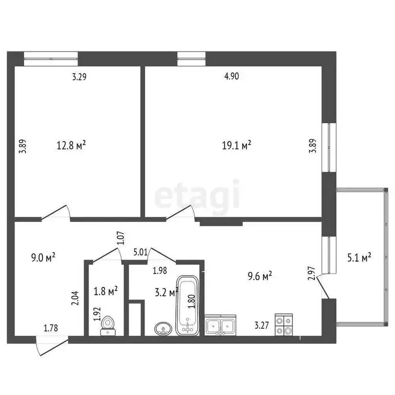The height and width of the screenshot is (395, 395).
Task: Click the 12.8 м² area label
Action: coord(71,146)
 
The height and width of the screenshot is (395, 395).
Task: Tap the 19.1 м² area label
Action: coord(236,146)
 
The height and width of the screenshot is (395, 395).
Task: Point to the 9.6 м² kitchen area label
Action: coord(259,277)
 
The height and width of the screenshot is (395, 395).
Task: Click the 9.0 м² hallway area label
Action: coord(44,256)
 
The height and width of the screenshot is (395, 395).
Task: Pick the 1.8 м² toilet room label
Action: coord(105,291)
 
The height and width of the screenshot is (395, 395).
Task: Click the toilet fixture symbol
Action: coord(107,325)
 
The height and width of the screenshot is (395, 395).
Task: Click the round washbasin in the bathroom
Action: coord(164,328)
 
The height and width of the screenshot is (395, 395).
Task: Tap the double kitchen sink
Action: coord(221,325)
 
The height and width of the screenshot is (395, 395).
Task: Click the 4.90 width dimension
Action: coord(231,77)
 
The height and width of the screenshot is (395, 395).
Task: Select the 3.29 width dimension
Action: coord(79,78)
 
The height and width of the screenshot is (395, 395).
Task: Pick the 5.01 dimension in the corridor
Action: coord(140,252)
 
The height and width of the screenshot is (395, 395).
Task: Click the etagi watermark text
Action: coord(197,195)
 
